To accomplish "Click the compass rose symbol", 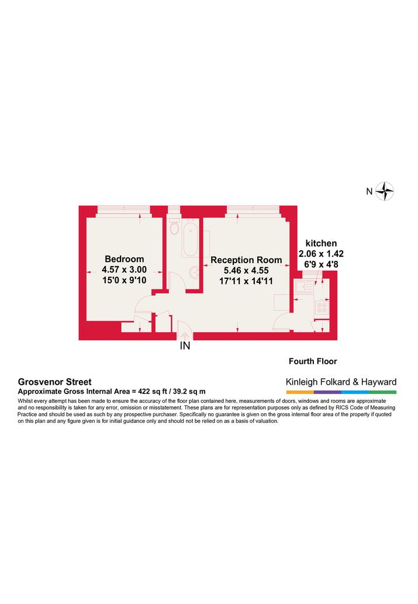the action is pos(385,191).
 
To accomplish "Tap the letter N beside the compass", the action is pos(369,191).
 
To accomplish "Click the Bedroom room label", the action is pos(125,259).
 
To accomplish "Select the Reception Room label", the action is pos(246,260).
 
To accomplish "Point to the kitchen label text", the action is pos(321,243).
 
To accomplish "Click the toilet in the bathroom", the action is pos(174,226).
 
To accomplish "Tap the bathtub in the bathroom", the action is pos(191,239).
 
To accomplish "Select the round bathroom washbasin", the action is pos(194,272).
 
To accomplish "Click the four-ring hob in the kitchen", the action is pos(322,308).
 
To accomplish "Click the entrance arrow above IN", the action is pos(185,335).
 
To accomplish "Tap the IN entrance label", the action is pos(185,346).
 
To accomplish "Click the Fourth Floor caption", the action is pos(313,361).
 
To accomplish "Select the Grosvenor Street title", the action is pos(55,382).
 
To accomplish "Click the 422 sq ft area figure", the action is pos(153,391).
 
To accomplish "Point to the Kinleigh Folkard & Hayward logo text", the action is pos(341,382).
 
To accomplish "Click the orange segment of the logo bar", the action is pos(300,392).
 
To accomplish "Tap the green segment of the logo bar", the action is pos(382,392).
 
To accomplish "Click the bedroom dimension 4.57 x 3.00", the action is pos(124,270).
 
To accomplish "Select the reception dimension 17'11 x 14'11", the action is pos(246,281).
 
